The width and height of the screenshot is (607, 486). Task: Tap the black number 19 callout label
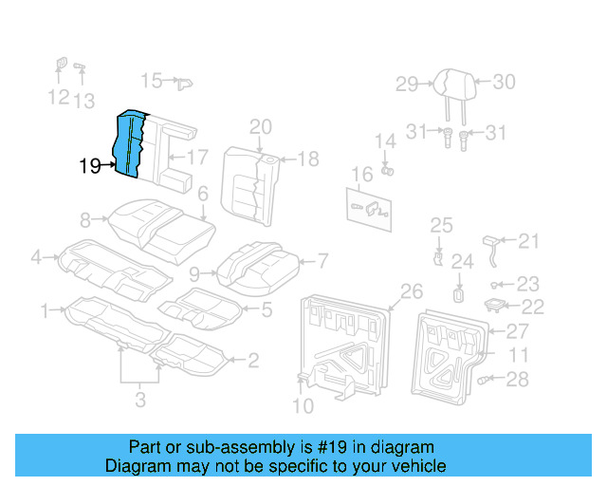pyautogui.click(x=90, y=166)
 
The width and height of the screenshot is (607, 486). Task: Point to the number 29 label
pyautogui.click(x=407, y=84)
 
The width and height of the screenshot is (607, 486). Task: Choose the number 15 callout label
pyautogui.click(x=152, y=80)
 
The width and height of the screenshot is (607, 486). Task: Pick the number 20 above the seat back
pyautogui.click(x=260, y=127)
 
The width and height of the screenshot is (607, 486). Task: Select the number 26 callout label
pyautogui.click(x=412, y=290)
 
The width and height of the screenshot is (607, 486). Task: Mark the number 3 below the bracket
pyautogui.click(x=140, y=401)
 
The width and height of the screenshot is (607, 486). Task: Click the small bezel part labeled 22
pyautogui.click(x=494, y=305)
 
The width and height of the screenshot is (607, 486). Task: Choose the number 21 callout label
pyautogui.click(x=528, y=240)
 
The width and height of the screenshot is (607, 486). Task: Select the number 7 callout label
pyautogui.click(x=322, y=259)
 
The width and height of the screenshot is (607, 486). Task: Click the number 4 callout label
pyautogui.click(x=36, y=256)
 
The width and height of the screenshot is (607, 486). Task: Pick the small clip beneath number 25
pyautogui.click(x=438, y=256)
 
